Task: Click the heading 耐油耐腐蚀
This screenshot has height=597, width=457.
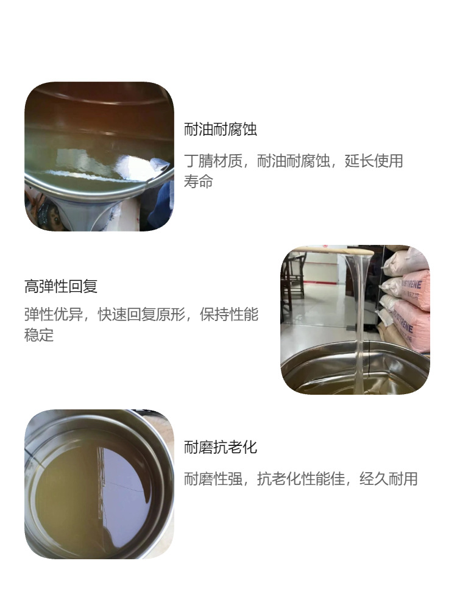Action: click(221, 130)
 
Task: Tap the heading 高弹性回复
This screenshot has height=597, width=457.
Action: click(61, 286)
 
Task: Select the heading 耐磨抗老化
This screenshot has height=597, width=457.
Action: click(221, 448)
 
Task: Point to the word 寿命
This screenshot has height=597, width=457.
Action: click(199, 182)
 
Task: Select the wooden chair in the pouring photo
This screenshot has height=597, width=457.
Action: click(293, 277)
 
